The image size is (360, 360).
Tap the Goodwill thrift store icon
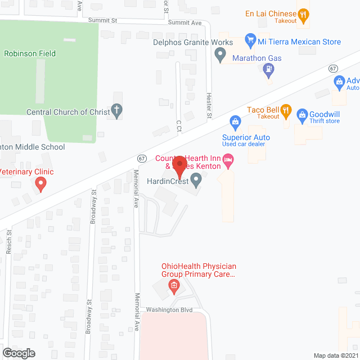click(x=302, y=115)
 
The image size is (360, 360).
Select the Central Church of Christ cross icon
click(x=117, y=111)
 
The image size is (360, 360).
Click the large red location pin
click(x=179, y=167)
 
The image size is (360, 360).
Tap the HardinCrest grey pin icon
click(x=196, y=180)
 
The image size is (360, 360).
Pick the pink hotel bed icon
click(x=228, y=162)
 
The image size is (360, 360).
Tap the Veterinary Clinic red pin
click(x=40, y=183)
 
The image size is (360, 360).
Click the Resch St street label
click(x=9, y=240)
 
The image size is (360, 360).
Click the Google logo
click(x=18, y=353)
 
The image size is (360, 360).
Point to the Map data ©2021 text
click(x=335, y=355)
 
